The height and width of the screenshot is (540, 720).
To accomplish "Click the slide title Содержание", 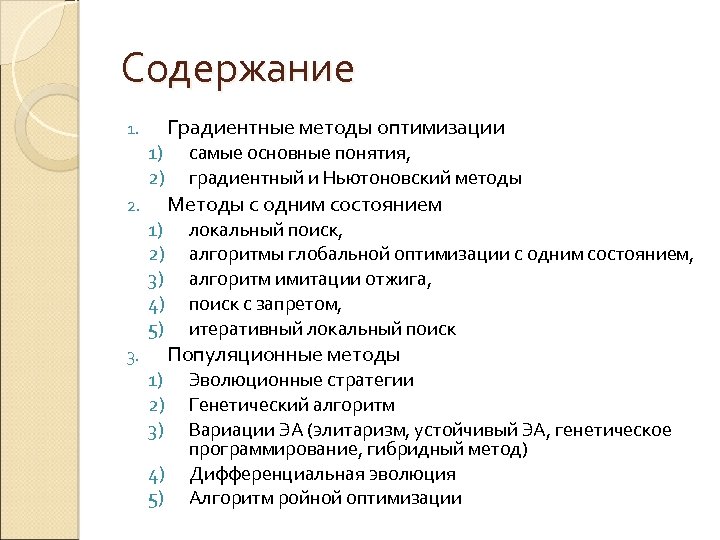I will (238, 70).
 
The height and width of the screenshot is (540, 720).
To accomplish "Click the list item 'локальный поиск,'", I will (266, 230).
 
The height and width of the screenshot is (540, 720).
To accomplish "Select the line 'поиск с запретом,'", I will (266, 304).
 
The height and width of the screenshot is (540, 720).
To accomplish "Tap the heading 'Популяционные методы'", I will (284, 355).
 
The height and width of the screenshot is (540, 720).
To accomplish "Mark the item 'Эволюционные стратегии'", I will (301, 380).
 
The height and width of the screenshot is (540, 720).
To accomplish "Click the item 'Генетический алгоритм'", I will (291, 405).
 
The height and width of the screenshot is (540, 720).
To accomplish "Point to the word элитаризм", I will (357, 430).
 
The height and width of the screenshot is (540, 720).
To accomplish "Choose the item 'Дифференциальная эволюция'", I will (322, 474).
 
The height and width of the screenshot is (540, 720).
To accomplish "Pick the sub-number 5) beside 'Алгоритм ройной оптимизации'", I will (155, 499).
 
